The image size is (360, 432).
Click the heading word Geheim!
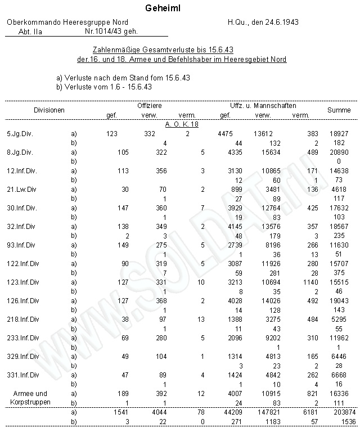[x=163, y=9]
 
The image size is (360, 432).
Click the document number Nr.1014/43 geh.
[x=111, y=32]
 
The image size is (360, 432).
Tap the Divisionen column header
[x=49, y=110]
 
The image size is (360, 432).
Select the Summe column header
[x=339, y=110]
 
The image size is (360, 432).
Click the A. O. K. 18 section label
[x=181, y=124]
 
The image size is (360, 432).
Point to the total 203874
[x=339, y=412]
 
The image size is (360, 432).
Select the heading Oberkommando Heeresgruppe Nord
[x=67, y=22]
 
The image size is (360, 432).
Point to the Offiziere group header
[x=150, y=105]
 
